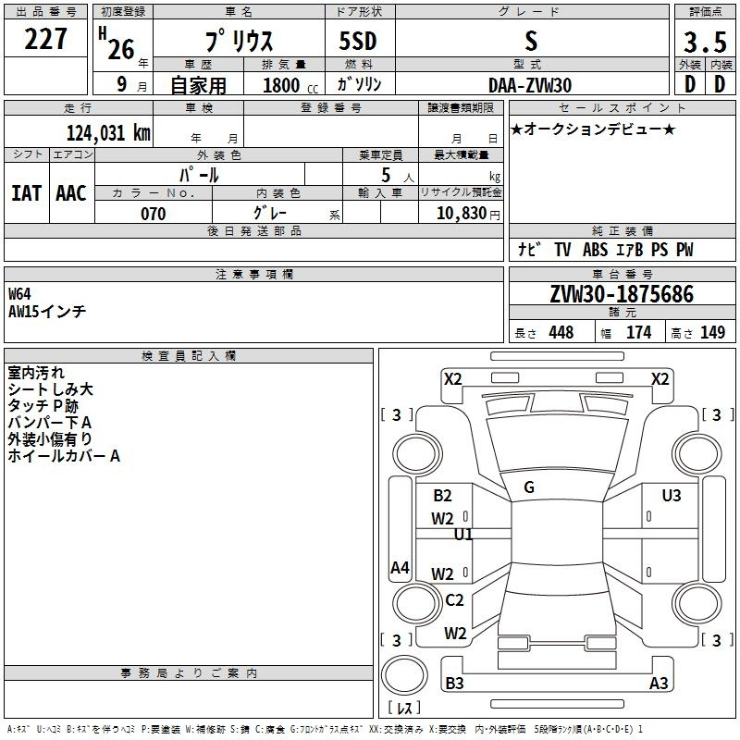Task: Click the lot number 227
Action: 46,40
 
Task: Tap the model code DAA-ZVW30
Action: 530,84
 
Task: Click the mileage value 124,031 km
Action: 108,133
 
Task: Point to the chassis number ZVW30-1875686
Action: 622,294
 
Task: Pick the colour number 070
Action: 153,214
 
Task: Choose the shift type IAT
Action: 26,193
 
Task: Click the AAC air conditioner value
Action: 71,193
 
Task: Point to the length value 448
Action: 561,333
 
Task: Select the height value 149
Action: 712,333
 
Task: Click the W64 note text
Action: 19,294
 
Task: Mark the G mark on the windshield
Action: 528,487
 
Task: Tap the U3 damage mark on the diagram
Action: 672,496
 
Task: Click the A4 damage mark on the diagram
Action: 400,568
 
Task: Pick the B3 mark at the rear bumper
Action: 454,684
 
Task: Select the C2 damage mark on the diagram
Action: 454,600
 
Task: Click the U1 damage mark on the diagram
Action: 463,535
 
